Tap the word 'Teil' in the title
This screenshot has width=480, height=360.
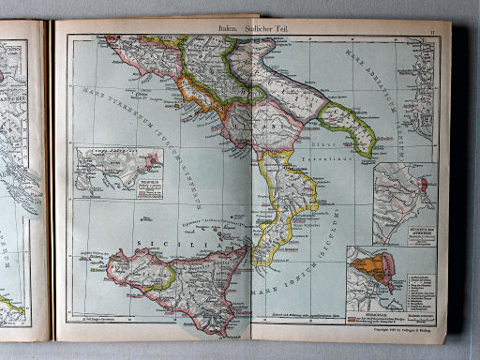(285, 31)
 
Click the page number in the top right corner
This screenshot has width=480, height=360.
(432, 32)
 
